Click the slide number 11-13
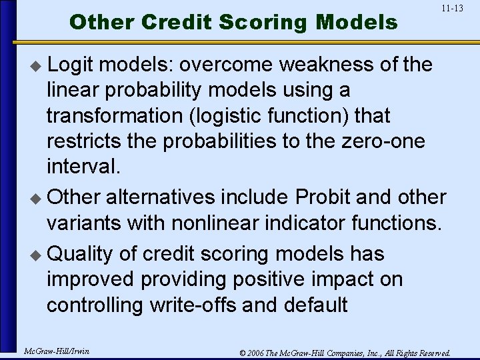(x=452, y=9)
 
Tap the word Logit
(x=73, y=65)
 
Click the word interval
(x=83, y=166)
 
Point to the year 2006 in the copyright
(x=258, y=353)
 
